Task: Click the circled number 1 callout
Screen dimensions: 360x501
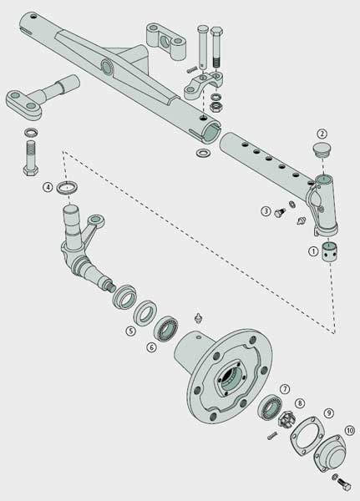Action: [313, 251]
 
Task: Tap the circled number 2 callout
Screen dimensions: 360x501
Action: [322, 134]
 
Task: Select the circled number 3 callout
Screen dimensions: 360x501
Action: [266, 211]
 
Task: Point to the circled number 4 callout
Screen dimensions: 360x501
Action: [48, 187]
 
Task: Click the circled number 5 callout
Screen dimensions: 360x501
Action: [130, 331]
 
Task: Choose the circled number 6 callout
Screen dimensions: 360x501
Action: [151, 347]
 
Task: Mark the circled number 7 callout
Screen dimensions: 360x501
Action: [285, 389]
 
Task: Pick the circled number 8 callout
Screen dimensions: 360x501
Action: [300, 403]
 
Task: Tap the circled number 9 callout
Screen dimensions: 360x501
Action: [328, 413]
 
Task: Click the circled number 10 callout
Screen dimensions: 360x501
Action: [350, 430]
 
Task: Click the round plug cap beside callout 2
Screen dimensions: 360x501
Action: [322, 149]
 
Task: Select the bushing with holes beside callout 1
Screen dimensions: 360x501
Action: [330, 252]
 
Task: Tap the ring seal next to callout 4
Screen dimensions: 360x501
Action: [67, 187]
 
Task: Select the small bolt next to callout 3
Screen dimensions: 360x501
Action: [280, 212]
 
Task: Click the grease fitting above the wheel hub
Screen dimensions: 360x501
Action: [199, 318]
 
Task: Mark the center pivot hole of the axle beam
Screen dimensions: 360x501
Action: [107, 67]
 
